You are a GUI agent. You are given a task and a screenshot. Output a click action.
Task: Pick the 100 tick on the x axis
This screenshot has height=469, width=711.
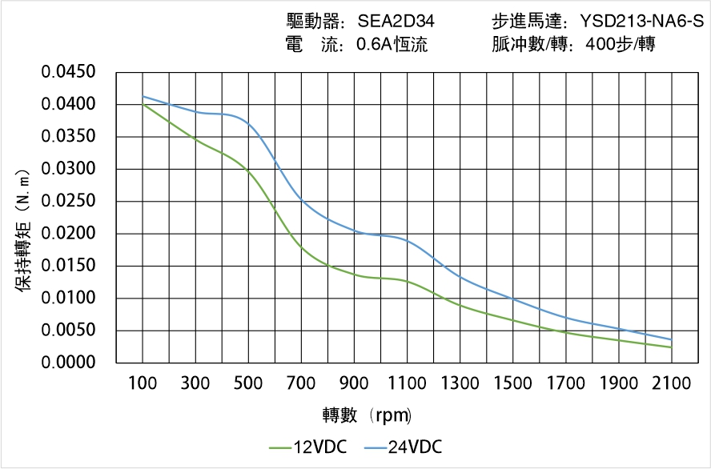tap(143, 383)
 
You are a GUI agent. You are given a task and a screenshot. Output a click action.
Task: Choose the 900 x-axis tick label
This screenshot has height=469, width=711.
tap(355, 383)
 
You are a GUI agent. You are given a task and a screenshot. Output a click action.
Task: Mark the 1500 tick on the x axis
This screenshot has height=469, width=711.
tap(513, 383)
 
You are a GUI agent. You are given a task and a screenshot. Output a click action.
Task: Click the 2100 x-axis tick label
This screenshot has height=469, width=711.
tap(671, 383)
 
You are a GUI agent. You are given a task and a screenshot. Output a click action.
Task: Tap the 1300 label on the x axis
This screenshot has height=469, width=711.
tap(460, 383)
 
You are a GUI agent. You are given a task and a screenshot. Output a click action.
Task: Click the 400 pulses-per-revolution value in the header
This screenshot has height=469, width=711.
tap(601, 45)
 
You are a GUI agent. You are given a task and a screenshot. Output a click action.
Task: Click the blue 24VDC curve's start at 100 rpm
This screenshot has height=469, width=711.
tap(143, 97)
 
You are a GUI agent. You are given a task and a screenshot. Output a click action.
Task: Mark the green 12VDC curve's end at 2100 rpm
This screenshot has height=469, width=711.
tap(671, 347)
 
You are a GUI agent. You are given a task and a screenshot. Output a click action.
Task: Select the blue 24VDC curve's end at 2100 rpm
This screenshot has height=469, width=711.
tap(671, 339)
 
